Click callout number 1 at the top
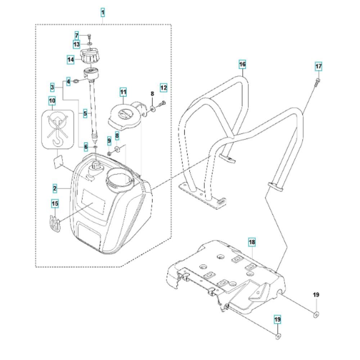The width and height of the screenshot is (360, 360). click(x=103, y=13)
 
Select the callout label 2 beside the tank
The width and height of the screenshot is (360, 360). click(x=55, y=188)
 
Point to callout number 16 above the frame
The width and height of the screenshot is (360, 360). click(x=242, y=64)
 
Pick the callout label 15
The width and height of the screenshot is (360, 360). click(x=55, y=204)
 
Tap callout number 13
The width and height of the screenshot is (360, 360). click(x=77, y=44)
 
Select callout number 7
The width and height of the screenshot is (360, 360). click(x=77, y=35)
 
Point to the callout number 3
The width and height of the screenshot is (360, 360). click(x=53, y=87)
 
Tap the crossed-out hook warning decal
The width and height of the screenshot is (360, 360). click(x=54, y=129)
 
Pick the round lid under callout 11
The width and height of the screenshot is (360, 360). click(x=123, y=116)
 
